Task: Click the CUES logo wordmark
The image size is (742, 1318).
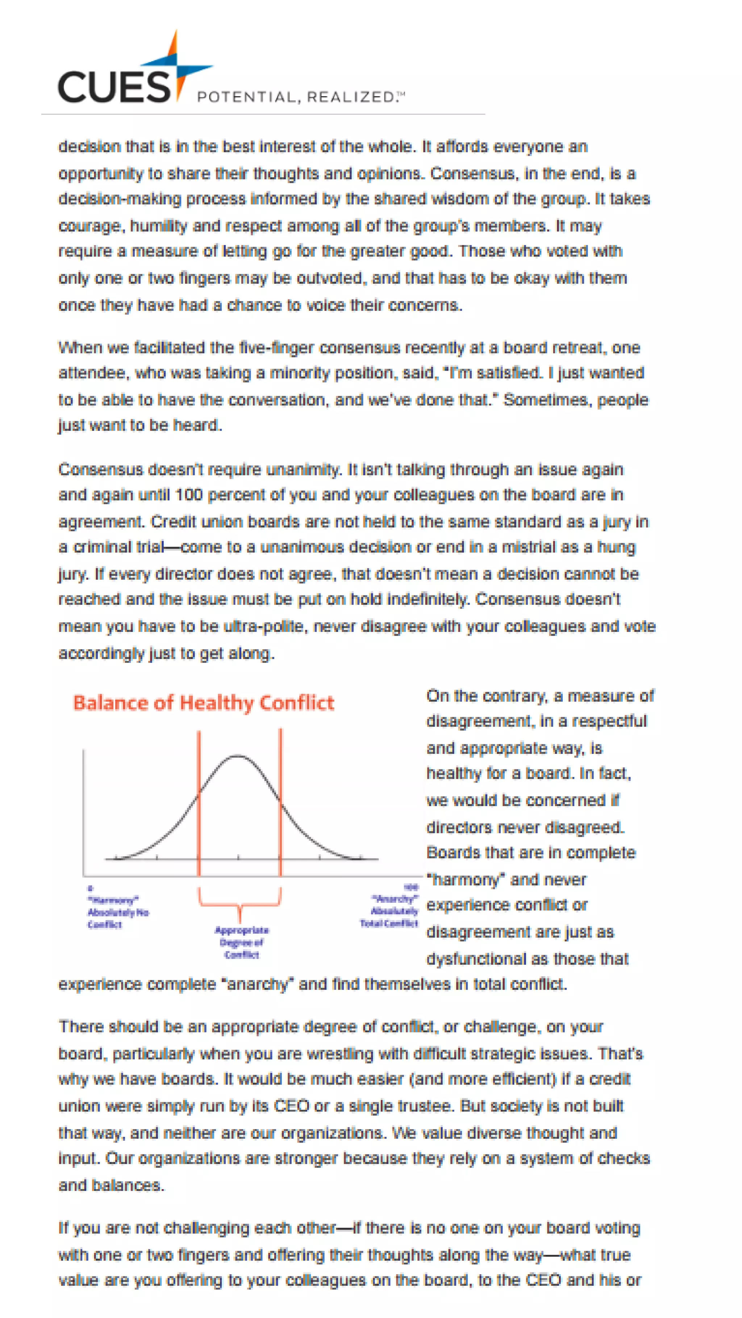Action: click(x=114, y=86)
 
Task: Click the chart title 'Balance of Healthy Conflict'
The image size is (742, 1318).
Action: click(x=203, y=703)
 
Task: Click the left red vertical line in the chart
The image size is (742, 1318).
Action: click(x=199, y=798)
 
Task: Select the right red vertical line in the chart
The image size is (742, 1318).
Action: click(x=280, y=798)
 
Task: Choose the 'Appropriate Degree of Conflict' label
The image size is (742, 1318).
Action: click(x=242, y=942)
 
